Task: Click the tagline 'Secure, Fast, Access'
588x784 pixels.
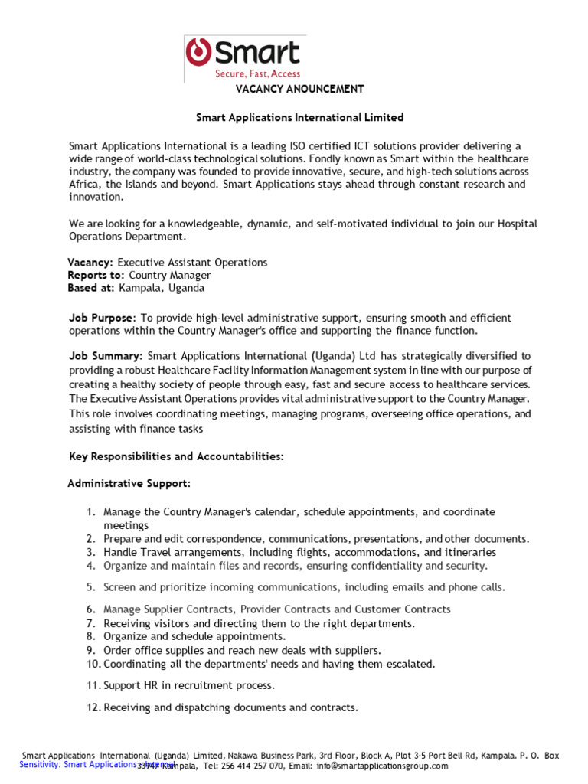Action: (257, 73)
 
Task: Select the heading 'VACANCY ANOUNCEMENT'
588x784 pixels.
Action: (299, 89)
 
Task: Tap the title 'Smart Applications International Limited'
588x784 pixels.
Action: (299, 118)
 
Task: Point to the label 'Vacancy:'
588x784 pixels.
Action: (91, 263)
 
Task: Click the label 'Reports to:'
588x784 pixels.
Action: (96, 276)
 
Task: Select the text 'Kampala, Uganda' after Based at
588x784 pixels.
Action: (162, 289)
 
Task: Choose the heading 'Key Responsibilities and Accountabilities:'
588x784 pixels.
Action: (176, 457)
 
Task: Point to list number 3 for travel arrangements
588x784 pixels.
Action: (90, 552)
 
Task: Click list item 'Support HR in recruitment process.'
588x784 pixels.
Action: (189, 685)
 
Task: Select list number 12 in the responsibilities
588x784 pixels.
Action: (93, 708)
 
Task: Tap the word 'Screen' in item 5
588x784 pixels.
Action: (119, 587)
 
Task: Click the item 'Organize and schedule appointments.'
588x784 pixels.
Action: (194, 636)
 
